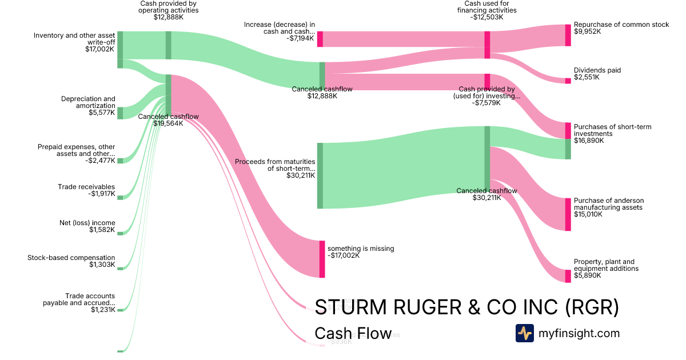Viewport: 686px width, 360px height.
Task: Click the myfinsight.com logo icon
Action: point(524,333)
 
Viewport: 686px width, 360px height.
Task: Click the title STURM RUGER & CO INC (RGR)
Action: point(466,307)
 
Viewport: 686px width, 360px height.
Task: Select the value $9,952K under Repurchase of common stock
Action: point(587,32)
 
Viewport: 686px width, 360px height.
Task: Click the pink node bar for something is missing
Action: point(322,259)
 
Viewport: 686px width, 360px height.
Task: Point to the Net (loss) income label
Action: point(87,223)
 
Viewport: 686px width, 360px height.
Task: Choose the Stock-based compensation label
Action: point(71,258)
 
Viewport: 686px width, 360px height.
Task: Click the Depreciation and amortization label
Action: point(88,102)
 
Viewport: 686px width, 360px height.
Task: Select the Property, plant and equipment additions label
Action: point(606,265)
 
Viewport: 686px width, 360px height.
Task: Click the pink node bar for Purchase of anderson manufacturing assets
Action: point(568,214)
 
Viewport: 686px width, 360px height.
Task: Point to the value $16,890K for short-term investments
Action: point(589,141)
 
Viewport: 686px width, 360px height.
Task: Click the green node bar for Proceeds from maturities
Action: point(320,175)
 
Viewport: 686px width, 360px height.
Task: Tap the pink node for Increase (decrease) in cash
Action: point(320,39)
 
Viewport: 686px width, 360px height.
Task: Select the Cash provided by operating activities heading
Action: point(169,10)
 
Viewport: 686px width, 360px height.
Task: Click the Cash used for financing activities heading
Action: point(486,10)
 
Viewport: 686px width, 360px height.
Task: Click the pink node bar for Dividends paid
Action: point(568,81)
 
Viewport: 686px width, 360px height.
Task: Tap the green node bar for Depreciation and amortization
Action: point(120,113)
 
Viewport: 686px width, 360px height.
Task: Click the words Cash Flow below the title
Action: point(353,334)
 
